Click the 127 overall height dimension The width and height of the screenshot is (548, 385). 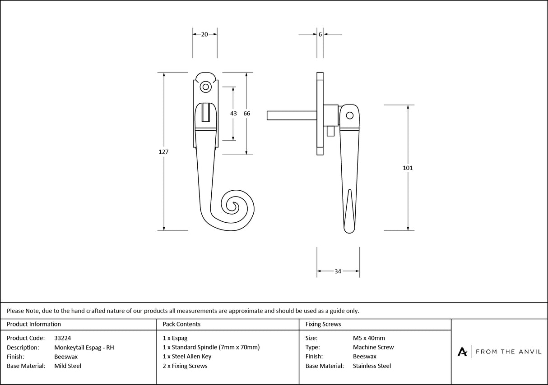pos(163,152)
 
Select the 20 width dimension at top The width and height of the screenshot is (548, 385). pos(204,34)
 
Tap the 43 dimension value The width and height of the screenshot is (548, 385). pos(233,114)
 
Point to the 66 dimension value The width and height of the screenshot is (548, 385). pos(246,114)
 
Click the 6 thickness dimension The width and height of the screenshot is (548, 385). pos(320,34)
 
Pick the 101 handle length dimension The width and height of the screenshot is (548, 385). pos(408,168)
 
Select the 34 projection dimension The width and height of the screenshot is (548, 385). pos(338,271)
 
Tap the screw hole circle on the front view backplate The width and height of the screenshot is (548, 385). pos(206,87)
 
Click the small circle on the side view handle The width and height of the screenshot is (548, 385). pos(349,115)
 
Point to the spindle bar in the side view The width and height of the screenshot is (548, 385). pos(291,115)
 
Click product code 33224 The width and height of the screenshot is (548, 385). pos(62,338)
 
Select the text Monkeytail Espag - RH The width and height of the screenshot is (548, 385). pos(84,347)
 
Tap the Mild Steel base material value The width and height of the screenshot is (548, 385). pos(68,366)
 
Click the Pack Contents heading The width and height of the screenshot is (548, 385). pos(181,324)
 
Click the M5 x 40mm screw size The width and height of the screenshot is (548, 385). pos(369,338)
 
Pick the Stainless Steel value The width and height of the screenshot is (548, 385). pos(372,366)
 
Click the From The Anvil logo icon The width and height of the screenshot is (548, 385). pos(462,352)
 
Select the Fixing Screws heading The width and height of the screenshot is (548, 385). pos(323,324)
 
